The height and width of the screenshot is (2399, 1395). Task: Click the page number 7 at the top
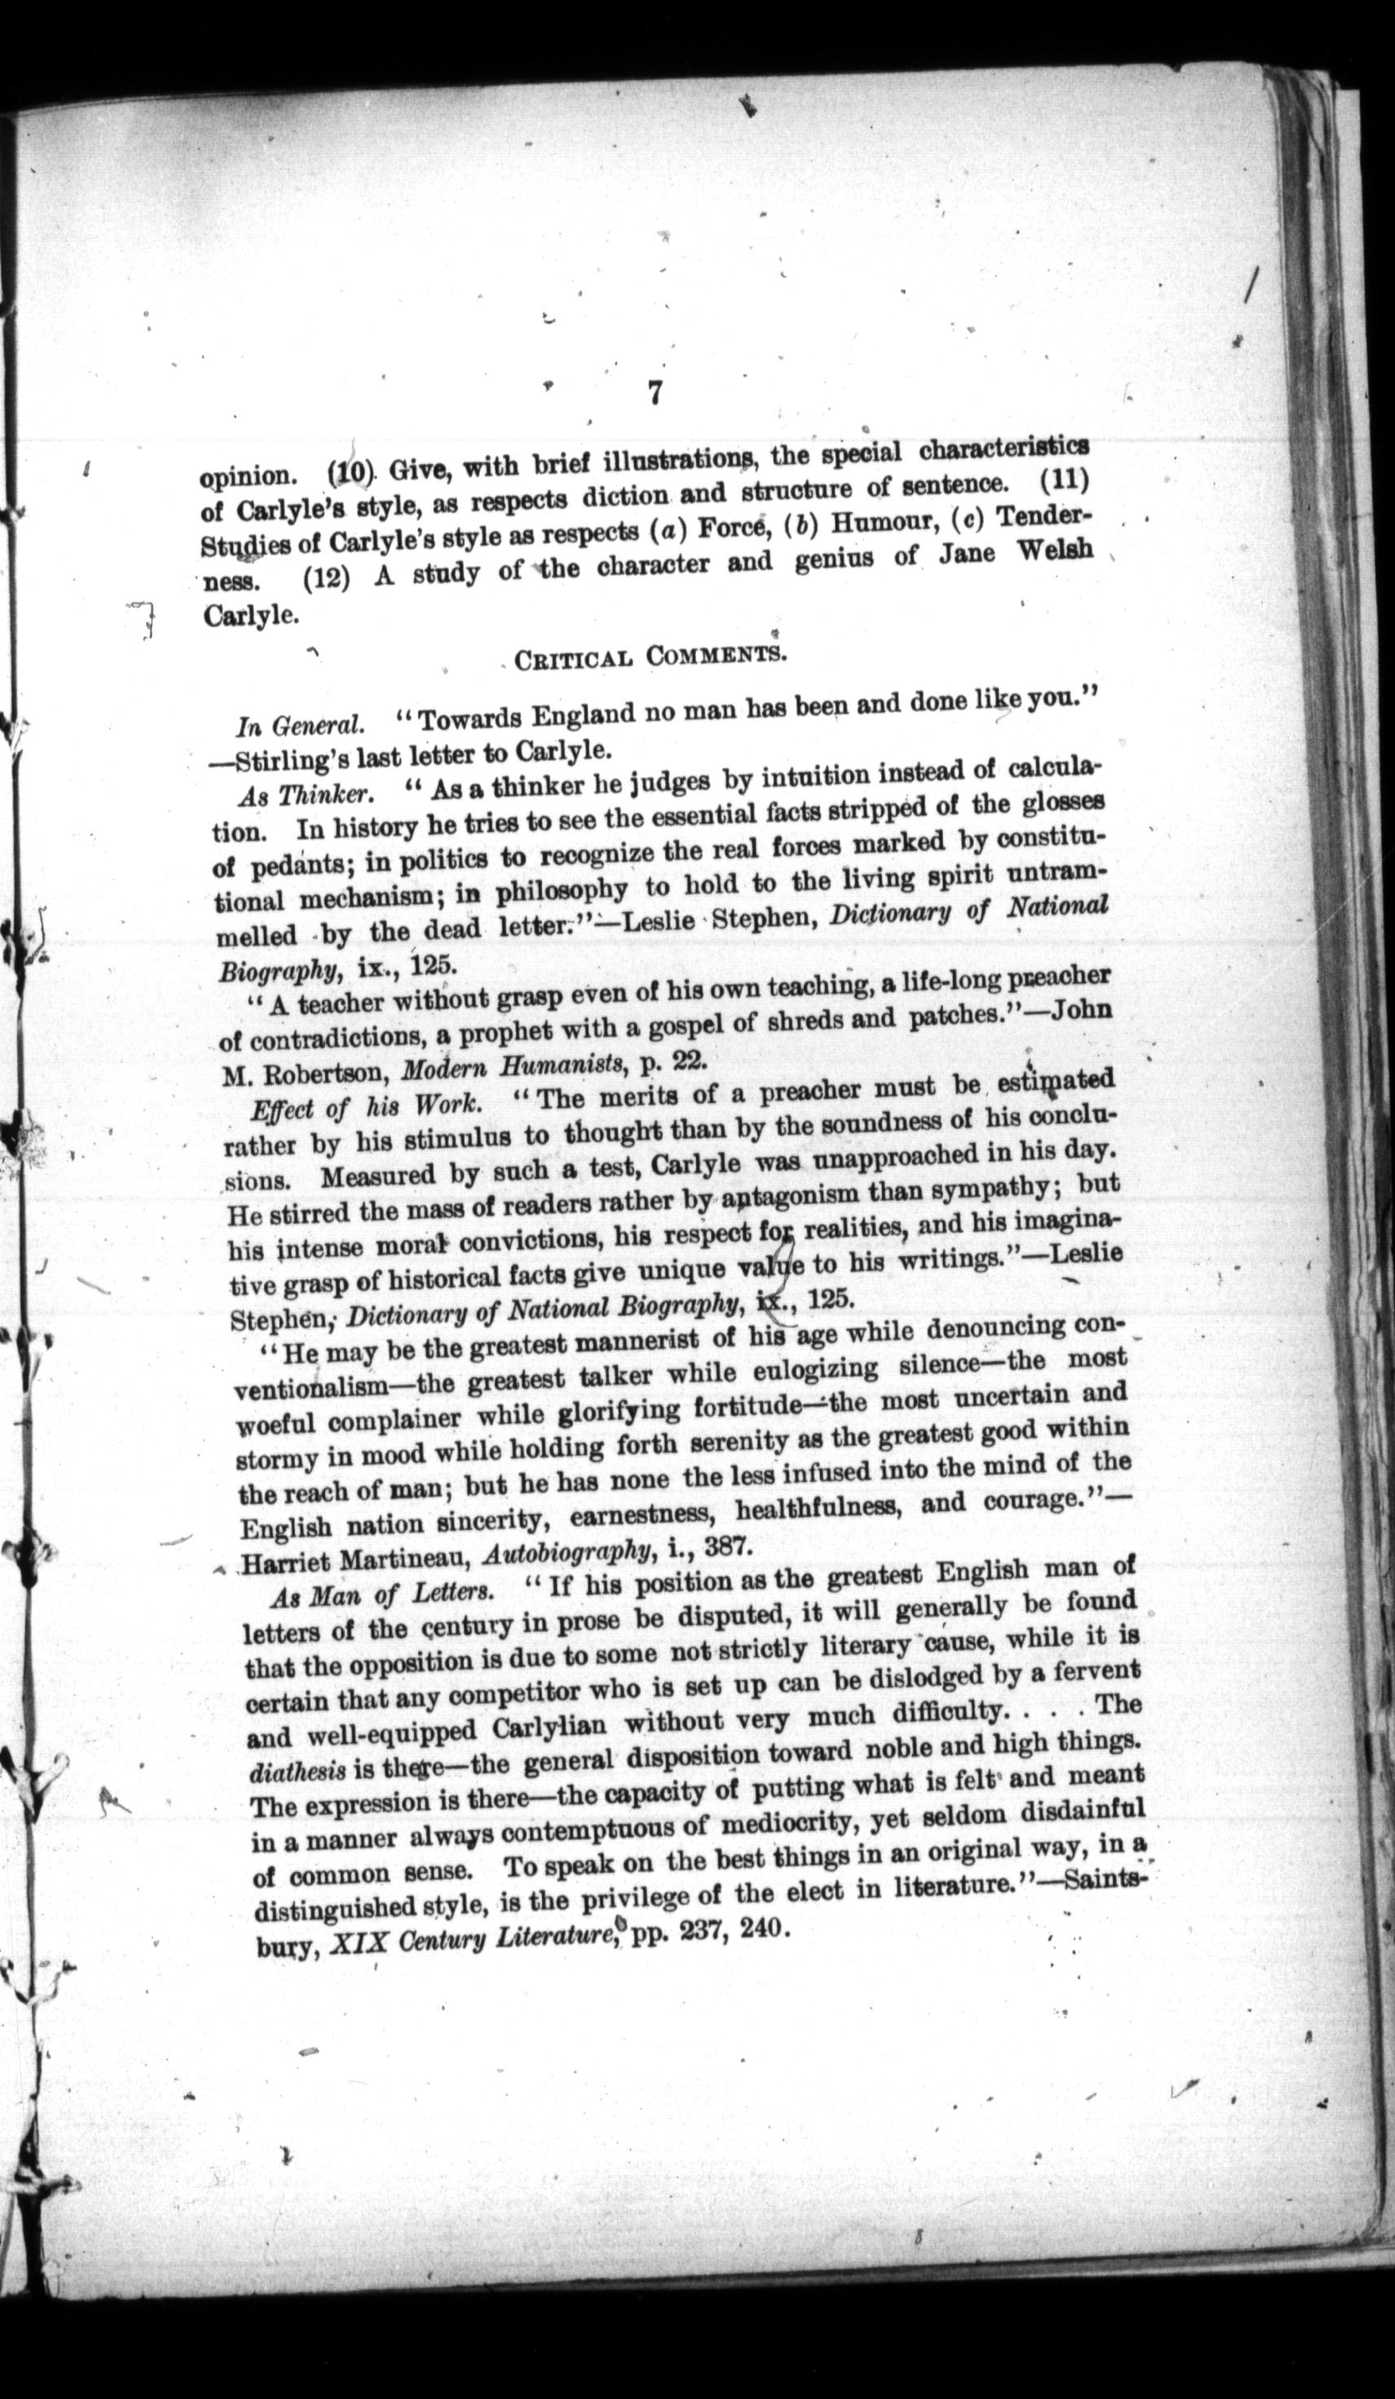pos(654,392)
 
